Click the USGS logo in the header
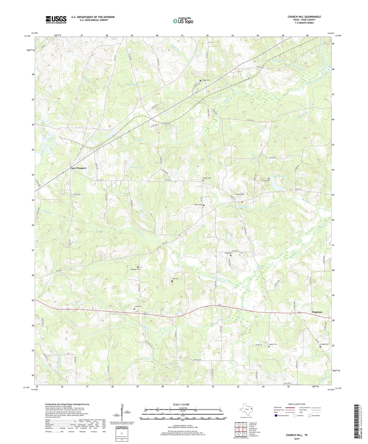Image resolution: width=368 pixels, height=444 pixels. coord(56,20)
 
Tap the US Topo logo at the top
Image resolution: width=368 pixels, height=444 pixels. coord(183,21)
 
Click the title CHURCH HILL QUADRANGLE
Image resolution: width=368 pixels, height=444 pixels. coord(304,17)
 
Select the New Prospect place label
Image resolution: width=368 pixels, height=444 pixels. coord(78,168)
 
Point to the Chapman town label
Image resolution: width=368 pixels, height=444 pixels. coord(317,312)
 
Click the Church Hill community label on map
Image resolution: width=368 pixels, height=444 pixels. coord(240,194)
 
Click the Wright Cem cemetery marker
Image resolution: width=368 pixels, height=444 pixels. coord(200,81)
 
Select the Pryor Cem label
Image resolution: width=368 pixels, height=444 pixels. coord(175,279)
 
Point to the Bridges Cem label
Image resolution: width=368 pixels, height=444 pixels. coord(324,344)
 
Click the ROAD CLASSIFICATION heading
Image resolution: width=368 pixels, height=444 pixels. coord(297,404)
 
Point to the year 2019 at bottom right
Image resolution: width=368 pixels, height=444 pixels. coord(297,439)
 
